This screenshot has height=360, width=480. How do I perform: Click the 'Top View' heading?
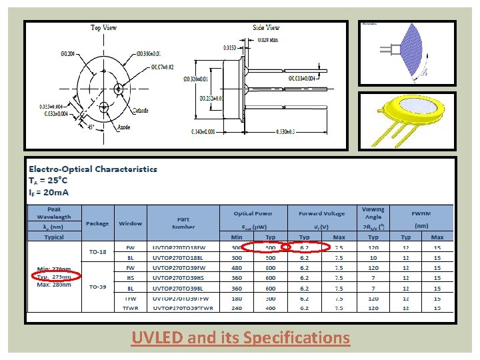point(104,28)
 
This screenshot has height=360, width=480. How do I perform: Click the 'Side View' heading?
point(266,28)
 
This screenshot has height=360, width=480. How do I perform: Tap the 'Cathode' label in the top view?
point(140,111)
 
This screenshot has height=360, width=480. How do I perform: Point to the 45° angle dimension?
point(90,127)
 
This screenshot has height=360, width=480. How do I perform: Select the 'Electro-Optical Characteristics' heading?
point(93,169)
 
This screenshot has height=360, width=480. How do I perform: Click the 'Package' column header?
point(97,223)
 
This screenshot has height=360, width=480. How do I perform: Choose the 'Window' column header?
point(131,223)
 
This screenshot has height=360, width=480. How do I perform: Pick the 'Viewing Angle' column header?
point(373,214)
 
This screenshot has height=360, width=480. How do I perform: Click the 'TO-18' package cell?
point(97,252)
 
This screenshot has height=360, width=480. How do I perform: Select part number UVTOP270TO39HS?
point(183,278)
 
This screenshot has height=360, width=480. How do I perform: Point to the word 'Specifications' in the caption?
point(297,338)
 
